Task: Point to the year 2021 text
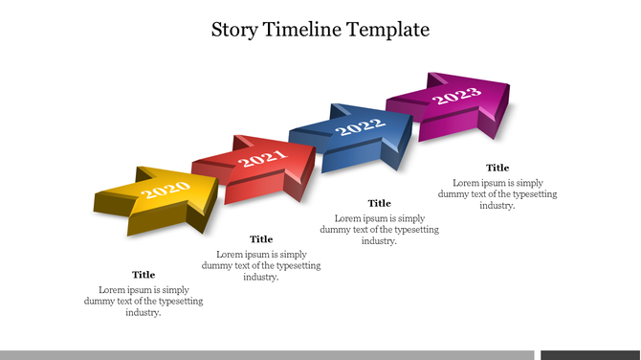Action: (262, 159)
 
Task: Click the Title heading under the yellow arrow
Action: (144, 275)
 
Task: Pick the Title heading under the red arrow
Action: (261, 239)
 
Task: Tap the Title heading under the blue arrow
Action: (380, 203)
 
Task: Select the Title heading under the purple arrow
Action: (497, 168)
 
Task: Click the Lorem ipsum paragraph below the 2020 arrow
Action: (144, 301)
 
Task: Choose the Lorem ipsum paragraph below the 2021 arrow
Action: (261, 265)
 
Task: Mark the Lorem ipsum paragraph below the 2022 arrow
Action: (380, 230)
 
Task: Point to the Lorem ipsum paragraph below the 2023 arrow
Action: (497, 193)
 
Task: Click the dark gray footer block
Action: (590, 354)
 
